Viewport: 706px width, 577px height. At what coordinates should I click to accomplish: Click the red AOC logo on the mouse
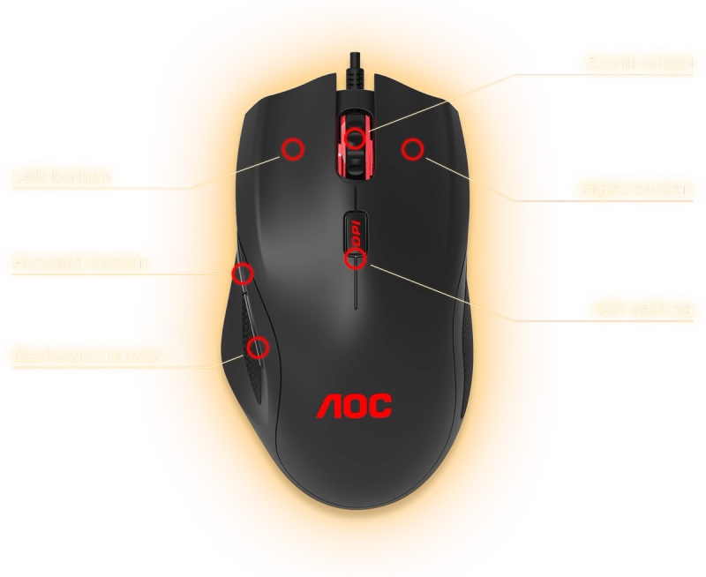(x=354, y=406)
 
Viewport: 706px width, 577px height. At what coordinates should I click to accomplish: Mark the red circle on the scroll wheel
(x=355, y=138)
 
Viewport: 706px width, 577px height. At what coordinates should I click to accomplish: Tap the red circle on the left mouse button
(x=293, y=149)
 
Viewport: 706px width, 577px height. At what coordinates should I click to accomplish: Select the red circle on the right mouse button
(x=412, y=149)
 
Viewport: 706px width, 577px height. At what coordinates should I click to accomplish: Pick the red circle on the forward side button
(x=243, y=273)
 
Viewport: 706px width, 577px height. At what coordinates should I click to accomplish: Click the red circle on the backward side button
(x=258, y=347)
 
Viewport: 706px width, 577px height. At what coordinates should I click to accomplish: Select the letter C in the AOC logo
(x=380, y=406)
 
